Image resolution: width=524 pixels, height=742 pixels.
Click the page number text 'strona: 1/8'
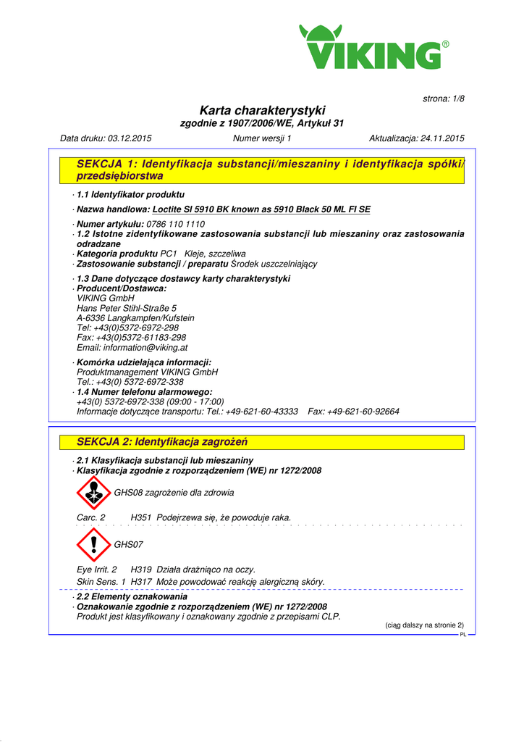coord(443,99)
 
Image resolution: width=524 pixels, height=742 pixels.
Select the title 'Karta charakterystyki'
coord(262,110)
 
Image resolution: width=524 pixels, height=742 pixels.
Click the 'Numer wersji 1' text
coord(262,138)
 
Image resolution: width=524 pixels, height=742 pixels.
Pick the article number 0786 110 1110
coord(175,225)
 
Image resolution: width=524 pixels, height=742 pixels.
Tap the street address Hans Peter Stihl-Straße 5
coord(127,308)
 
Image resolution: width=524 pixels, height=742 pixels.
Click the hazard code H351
coord(141,518)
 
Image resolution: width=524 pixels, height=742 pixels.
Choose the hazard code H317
coord(141,582)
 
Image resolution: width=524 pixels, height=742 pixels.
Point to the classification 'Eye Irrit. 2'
coord(97,570)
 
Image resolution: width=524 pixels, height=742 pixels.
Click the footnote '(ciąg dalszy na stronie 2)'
coord(423,625)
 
